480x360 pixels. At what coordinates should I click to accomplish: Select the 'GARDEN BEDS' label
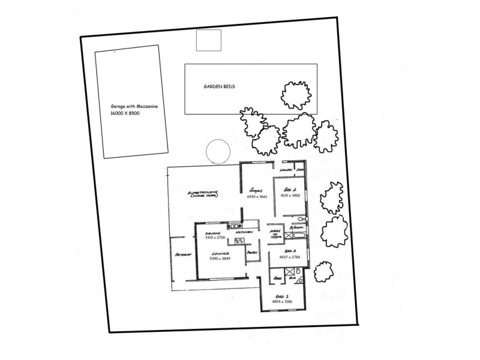pos(219,86)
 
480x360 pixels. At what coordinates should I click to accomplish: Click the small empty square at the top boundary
pos(209,41)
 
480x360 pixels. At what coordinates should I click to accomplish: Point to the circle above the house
pos(217,151)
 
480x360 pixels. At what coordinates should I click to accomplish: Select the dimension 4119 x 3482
pos(290,196)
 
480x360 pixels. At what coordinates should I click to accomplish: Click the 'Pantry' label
pos(252,253)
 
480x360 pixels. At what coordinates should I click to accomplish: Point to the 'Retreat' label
pos(182,254)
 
